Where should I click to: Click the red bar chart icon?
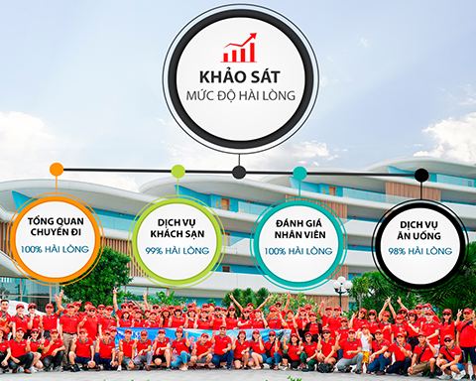(x=239, y=49)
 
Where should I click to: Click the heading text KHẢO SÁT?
(x=239, y=78)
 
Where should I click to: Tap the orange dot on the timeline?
(x=57, y=170)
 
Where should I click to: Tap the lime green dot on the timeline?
(x=178, y=172)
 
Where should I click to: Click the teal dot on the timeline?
(x=299, y=174)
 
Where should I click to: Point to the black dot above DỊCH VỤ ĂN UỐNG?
(x=421, y=175)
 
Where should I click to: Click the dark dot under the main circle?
(x=239, y=172)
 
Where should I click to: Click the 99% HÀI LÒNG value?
(x=177, y=251)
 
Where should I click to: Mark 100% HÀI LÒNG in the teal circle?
(x=298, y=251)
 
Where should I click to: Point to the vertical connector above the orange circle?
(x=57, y=187)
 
